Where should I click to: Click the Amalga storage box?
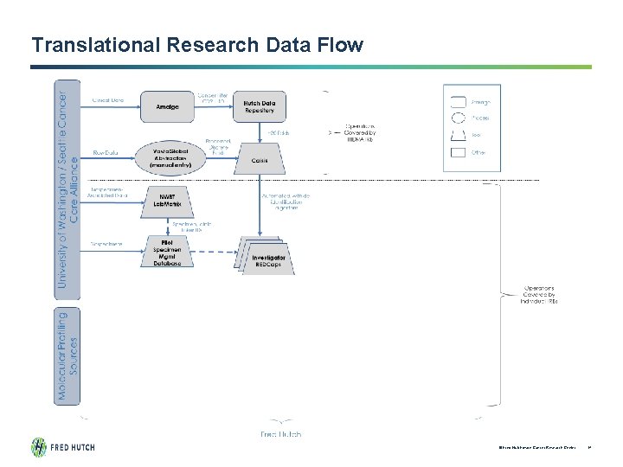[x=168, y=106]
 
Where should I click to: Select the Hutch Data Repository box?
[x=260, y=106]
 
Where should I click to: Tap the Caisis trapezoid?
[x=260, y=161]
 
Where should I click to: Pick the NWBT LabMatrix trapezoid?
[x=168, y=200]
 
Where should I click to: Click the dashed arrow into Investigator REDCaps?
[x=208, y=253]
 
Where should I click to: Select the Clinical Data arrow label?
[x=108, y=100]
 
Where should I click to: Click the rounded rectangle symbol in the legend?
[x=457, y=100]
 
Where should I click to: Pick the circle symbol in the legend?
[x=457, y=118]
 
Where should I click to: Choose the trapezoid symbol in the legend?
[x=457, y=135]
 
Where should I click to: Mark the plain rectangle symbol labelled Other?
[x=457, y=153]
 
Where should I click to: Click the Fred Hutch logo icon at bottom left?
[x=40, y=447]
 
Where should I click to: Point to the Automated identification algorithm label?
[x=286, y=202]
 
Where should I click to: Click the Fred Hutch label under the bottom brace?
[x=281, y=433]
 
